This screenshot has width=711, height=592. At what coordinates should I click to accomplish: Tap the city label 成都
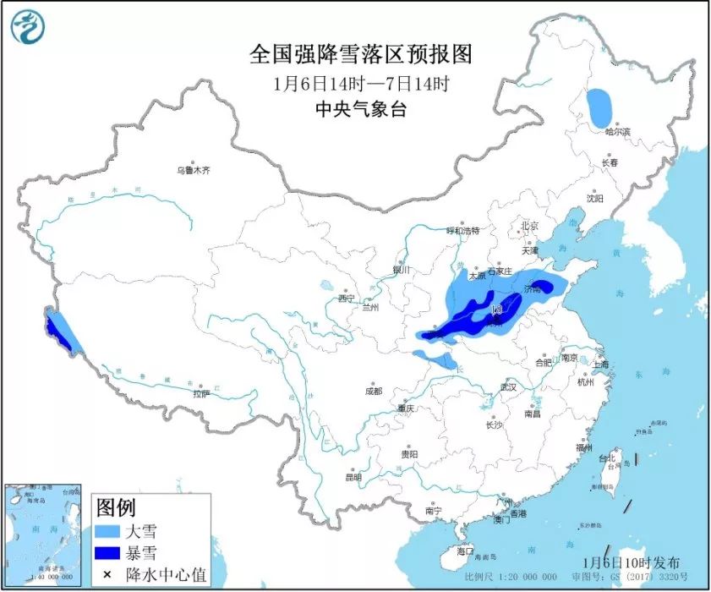tap(372, 391)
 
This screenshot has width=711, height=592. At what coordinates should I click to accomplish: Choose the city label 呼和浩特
tap(462, 230)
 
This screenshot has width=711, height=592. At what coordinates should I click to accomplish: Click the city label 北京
tap(529, 226)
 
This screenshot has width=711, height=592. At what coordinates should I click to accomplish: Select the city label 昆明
tap(353, 477)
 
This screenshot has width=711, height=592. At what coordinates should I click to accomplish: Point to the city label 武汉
tap(507, 386)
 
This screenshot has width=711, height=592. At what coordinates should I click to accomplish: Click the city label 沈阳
tap(595, 199)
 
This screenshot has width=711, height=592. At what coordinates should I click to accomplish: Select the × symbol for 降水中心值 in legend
tap(108, 576)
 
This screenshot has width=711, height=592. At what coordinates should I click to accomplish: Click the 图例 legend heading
tap(115, 507)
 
